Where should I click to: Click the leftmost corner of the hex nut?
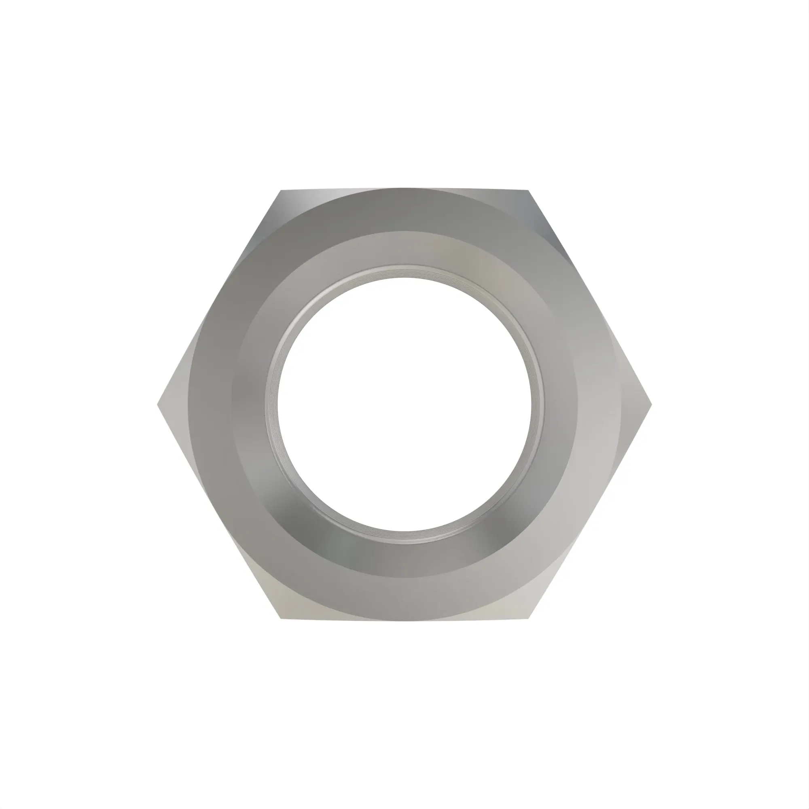158,404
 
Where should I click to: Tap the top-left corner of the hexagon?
281,191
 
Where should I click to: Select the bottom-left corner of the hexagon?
281,618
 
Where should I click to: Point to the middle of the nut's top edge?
404,188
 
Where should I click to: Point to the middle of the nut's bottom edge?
404,621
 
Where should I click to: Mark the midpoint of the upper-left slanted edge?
219,298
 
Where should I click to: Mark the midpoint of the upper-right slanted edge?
590,298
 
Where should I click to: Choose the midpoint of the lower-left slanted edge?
219,512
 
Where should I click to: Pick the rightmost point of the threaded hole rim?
544,404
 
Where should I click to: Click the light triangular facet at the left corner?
174,404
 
